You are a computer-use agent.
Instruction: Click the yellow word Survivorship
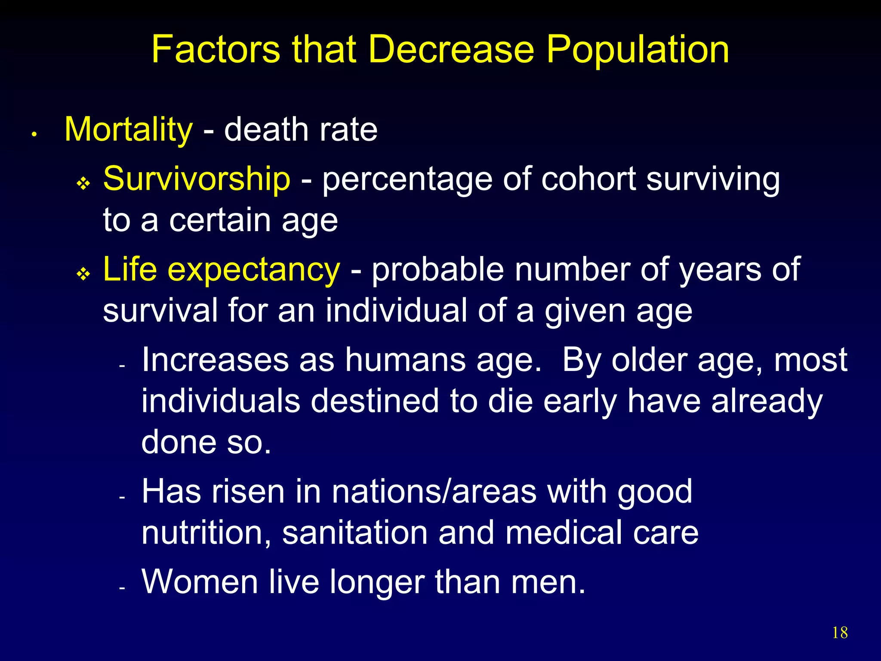(x=197, y=178)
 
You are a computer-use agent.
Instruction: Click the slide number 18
(x=840, y=633)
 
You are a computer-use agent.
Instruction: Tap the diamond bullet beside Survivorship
(x=83, y=184)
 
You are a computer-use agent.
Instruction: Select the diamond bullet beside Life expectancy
(x=83, y=274)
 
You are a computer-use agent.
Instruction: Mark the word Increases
(x=215, y=359)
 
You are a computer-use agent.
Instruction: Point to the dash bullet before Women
(x=122, y=587)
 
